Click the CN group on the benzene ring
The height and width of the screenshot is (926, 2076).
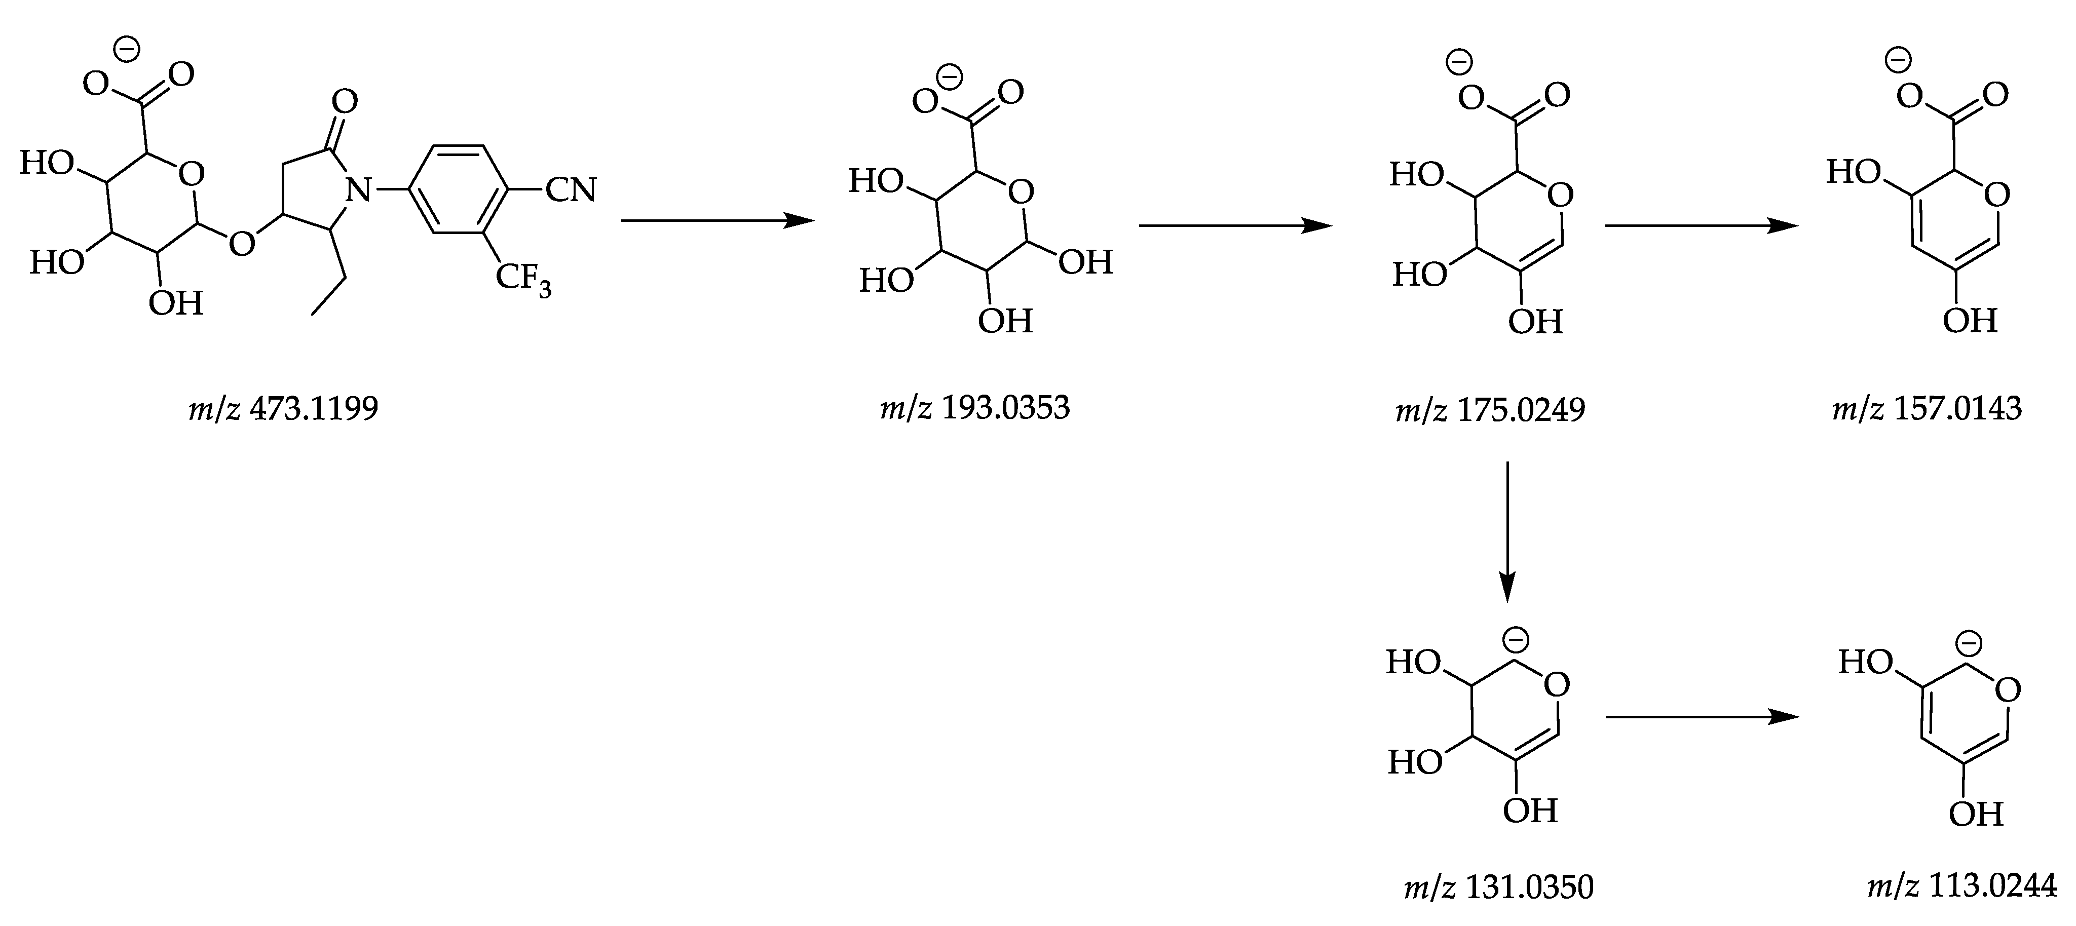(571, 191)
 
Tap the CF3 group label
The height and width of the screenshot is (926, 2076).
(523, 280)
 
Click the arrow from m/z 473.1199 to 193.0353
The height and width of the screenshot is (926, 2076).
(718, 220)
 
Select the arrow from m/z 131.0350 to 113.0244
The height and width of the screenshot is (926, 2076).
(1701, 716)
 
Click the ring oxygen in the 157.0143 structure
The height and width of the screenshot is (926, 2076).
(1997, 194)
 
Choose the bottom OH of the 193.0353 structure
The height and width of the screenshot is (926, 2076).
(1005, 321)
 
